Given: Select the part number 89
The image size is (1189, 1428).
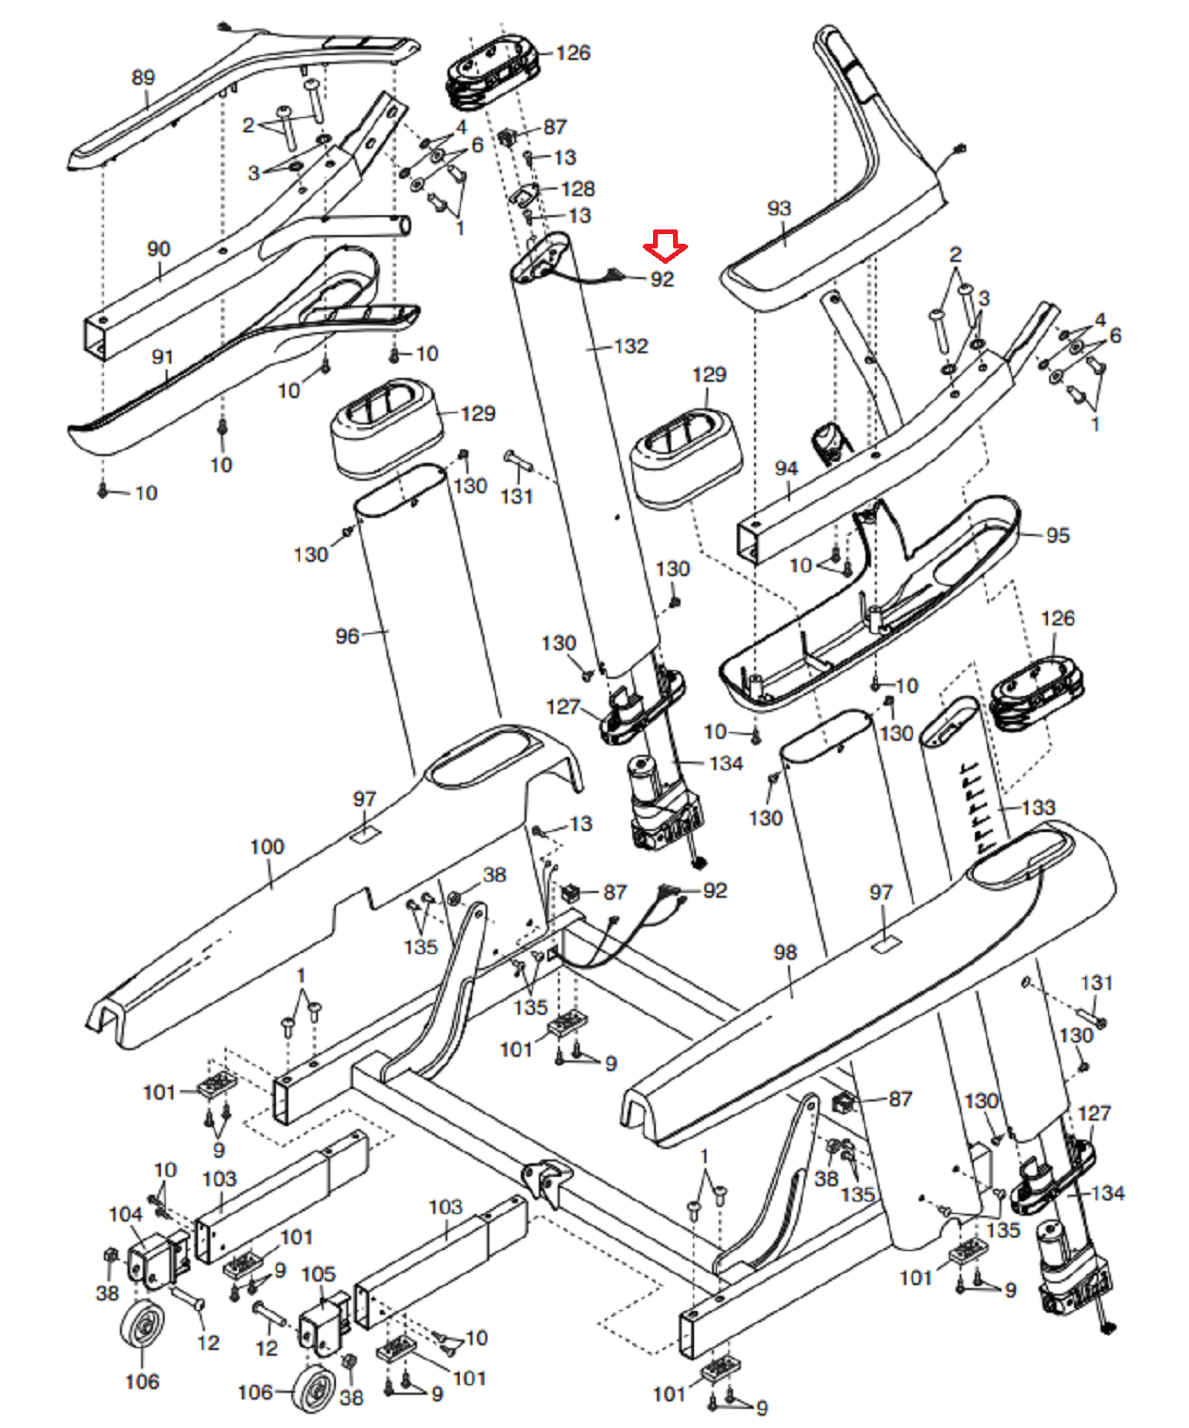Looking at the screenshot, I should click(x=143, y=77).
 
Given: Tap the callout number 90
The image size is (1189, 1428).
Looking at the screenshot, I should click(x=158, y=249).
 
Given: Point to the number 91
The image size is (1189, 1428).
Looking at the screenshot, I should click(x=163, y=357).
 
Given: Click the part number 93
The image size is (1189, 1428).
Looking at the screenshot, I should click(x=779, y=208).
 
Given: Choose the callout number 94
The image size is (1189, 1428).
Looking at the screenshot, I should click(x=786, y=468).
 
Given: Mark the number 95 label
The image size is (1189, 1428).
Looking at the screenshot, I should click(x=1058, y=535).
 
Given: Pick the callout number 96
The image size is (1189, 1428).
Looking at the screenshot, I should click(x=347, y=635).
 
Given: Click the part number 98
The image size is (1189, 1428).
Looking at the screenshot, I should click(x=784, y=952).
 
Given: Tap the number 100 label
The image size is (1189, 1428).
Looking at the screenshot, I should click(x=267, y=846).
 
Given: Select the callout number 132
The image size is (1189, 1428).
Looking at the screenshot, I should click(x=631, y=347).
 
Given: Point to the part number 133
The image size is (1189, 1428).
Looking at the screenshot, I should click(x=1039, y=808).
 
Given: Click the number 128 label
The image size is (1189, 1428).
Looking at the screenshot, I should click(x=578, y=188).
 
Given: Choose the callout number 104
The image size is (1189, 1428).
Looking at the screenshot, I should click(x=126, y=1214).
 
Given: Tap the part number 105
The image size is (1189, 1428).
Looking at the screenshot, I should click(x=318, y=1274).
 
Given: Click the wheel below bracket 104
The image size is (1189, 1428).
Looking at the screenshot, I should click(x=143, y=1325).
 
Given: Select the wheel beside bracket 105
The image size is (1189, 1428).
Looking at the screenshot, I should click(x=314, y=1391).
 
